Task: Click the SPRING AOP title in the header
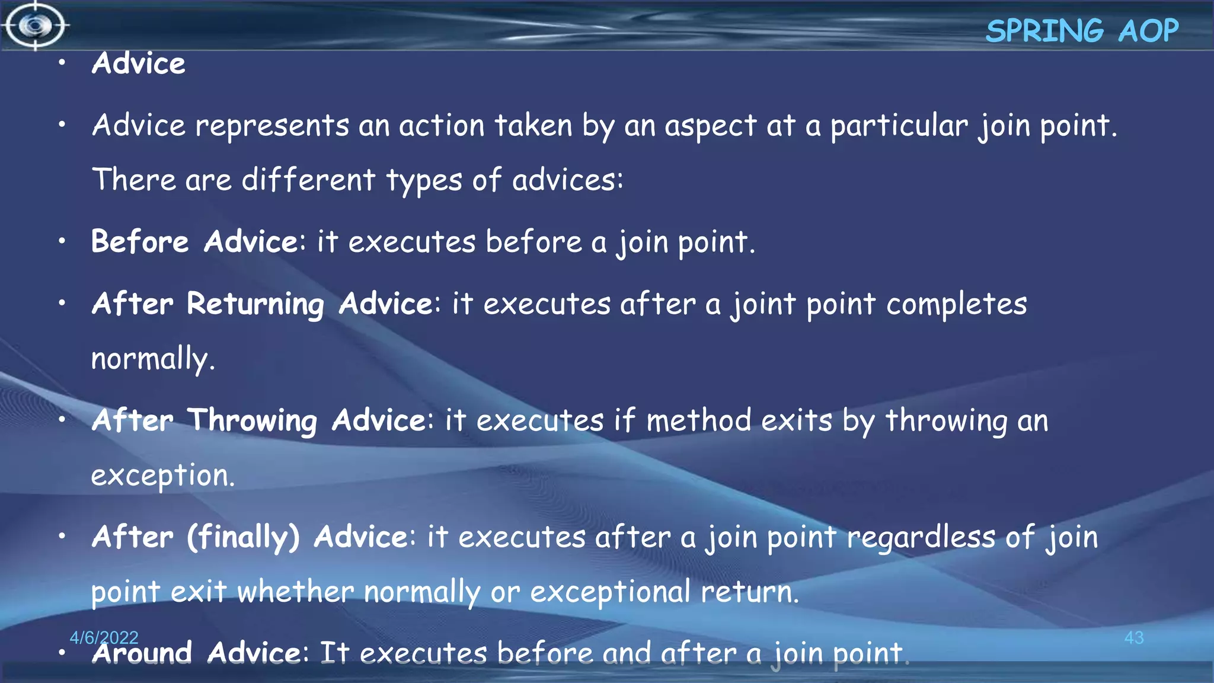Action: pyautogui.click(x=1082, y=31)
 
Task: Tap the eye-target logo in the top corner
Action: pyautogui.click(x=36, y=25)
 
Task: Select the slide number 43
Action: pyautogui.click(x=1133, y=638)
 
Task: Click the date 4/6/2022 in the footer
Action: pyautogui.click(x=104, y=637)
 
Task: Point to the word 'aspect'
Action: pyautogui.click(x=710, y=126)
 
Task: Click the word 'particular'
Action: pyautogui.click(x=899, y=126)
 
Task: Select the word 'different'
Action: pyautogui.click(x=308, y=180)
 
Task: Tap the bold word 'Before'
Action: pyautogui.click(x=140, y=242)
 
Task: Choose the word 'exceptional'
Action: pyautogui.click(x=610, y=592)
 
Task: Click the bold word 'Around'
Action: pyautogui.click(x=142, y=653)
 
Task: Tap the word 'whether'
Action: pyautogui.click(x=295, y=592)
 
